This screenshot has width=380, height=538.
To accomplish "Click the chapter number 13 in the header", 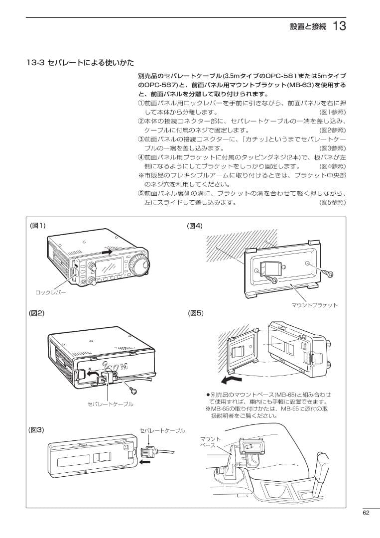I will click(339, 26).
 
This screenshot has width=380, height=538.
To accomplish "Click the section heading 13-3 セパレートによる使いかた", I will click(80, 63).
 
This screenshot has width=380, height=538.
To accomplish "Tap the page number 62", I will click(366, 512).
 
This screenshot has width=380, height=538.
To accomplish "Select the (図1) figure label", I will click(38, 225).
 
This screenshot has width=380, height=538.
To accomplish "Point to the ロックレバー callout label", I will click(50, 293).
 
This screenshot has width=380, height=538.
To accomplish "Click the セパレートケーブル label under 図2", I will click(111, 404).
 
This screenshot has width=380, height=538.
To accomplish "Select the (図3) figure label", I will click(38, 429).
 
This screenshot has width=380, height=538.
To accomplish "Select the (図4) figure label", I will click(195, 225).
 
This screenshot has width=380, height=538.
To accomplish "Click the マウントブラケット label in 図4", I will click(315, 305).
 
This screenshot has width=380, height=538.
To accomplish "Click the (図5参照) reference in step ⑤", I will click(332, 203).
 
